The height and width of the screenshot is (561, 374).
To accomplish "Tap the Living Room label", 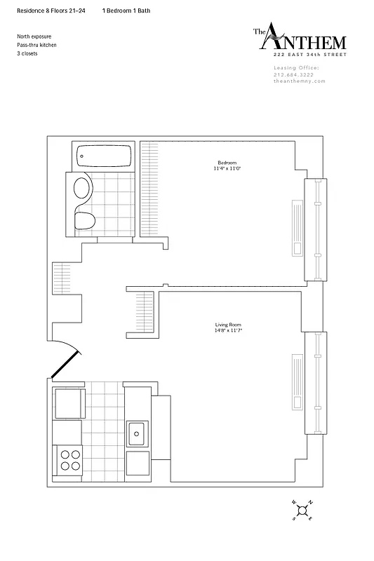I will [x=228, y=325].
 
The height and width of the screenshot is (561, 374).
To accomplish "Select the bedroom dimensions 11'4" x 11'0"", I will [x=227, y=169].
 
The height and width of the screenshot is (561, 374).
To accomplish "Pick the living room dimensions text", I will [x=228, y=331].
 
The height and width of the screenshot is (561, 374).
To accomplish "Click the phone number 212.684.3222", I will [x=295, y=75].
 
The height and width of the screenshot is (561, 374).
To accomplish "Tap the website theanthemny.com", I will [x=300, y=81].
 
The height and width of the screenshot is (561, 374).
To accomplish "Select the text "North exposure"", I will [x=34, y=36].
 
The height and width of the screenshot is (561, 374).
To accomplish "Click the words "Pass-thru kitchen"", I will [x=36, y=45].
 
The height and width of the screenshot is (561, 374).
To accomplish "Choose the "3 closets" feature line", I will [x=29, y=53].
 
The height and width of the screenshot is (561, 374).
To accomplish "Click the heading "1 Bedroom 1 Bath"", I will [x=126, y=11].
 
